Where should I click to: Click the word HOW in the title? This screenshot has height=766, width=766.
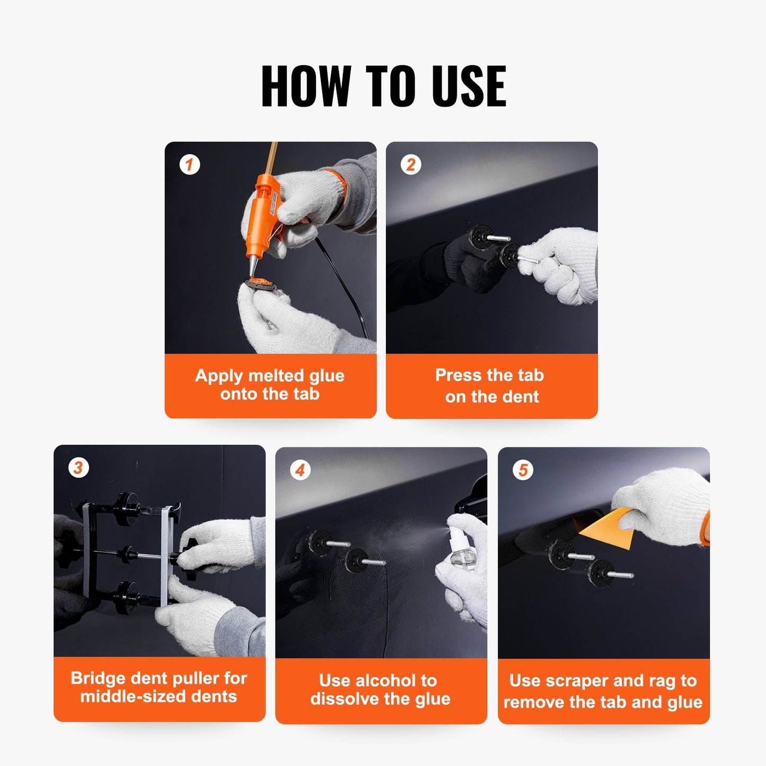click(306, 86)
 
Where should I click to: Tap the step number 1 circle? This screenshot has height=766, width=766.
click(189, 164)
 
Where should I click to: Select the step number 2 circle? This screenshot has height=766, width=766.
click(411, 164)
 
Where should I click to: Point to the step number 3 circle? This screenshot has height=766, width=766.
click(78, 468)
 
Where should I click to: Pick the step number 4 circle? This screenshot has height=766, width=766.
click(300, 470)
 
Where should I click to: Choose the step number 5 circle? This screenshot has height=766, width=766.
click(523, 470)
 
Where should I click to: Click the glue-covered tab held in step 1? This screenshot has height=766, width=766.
click(260, 284)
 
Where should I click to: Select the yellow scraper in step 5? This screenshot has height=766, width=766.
click(610, 527)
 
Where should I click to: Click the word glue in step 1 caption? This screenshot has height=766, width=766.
click(327, 375)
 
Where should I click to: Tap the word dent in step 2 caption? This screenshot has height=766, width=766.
click(521, 397)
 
